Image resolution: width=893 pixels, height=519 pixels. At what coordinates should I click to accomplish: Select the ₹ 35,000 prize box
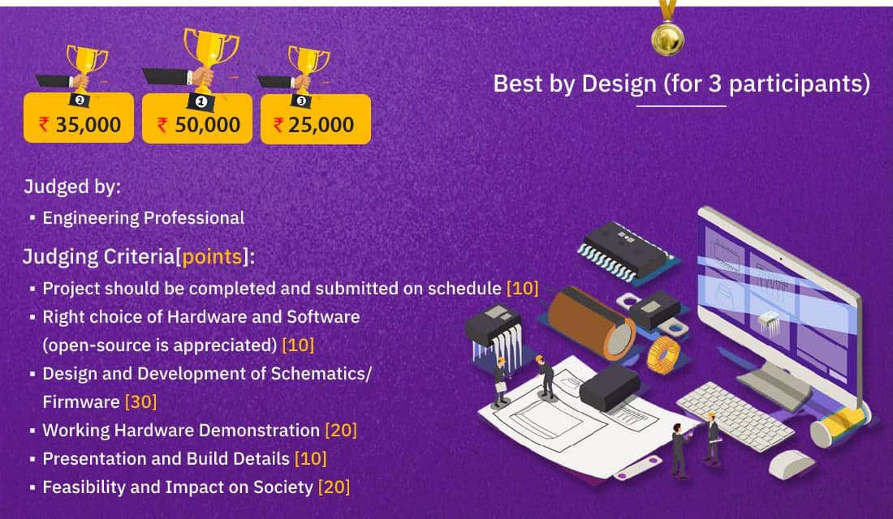coord(79,124)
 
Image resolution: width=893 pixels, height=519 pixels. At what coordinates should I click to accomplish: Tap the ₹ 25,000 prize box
coord(315,124)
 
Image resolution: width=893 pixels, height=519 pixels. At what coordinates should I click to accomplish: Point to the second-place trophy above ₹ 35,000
coord(84,65)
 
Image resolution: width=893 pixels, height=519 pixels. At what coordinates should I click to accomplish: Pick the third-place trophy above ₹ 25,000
coord(308,67)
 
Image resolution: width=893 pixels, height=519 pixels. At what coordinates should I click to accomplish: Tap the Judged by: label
coord(72,187)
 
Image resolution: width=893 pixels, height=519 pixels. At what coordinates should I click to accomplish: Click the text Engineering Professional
coord(143,217)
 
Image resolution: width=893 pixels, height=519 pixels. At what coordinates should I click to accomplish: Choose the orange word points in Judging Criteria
coord(212,257)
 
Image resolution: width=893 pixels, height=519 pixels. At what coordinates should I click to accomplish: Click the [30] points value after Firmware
coord(140,401)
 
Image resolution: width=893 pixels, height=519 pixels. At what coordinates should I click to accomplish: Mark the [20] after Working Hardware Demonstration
coord(340,430)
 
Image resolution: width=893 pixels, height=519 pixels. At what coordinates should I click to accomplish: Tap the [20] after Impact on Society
coord(334,487)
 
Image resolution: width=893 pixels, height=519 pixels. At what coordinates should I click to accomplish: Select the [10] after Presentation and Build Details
coord(310,458)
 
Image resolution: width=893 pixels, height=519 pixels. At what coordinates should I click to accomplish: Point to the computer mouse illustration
coord(792,463)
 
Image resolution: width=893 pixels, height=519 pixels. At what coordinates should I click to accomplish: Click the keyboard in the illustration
coord(734,414)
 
